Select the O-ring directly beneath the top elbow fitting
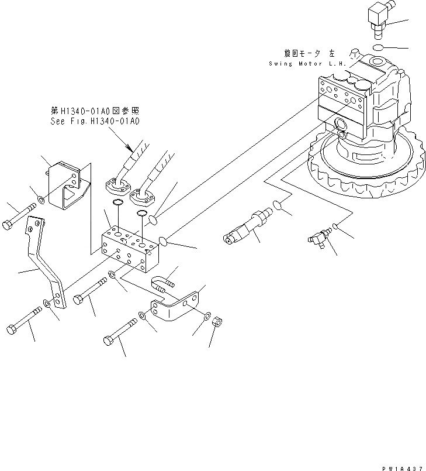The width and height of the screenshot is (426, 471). click(x=377, y=47)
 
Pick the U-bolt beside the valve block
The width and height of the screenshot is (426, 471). click(x=164, y=281)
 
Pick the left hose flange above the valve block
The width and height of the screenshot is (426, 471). click(x=119, y=185)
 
